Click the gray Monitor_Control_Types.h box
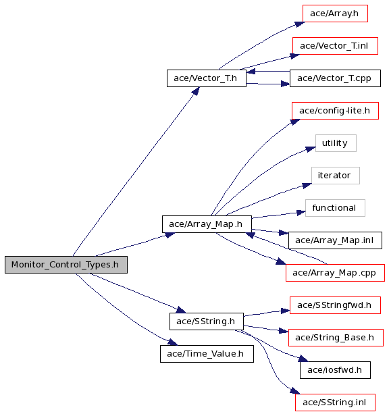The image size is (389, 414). (x=66, y=265)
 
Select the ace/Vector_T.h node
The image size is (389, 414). (x=207, y=78)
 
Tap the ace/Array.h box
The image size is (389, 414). (x=335, y=14)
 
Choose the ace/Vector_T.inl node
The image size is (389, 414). (x=335, y=46)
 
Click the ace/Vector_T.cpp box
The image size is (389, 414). (x=335, y=78)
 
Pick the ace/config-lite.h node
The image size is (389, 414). (x=335, y=111)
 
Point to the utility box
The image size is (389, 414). (x=336, y=143)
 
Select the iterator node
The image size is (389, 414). (x=336, y=176)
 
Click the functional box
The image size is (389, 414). (x=335, y=208)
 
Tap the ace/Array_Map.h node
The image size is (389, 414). (x=207, y=224)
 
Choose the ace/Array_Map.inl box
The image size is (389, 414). (x=335, y=240)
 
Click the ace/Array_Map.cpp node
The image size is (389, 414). (x=335, y=273)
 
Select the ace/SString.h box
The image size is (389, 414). (x=207, y=321)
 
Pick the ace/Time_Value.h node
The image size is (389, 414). (x=207, y=354)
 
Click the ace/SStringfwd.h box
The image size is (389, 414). (x=335, y=305)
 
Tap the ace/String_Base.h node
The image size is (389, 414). (x=336, y=338)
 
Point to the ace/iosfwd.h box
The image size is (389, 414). (x=335, y=370)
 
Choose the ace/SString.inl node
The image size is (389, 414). (x=335, y=403)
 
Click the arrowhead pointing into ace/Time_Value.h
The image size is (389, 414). (x=173, y=342)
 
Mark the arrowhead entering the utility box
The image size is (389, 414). (x=311, y=149)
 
